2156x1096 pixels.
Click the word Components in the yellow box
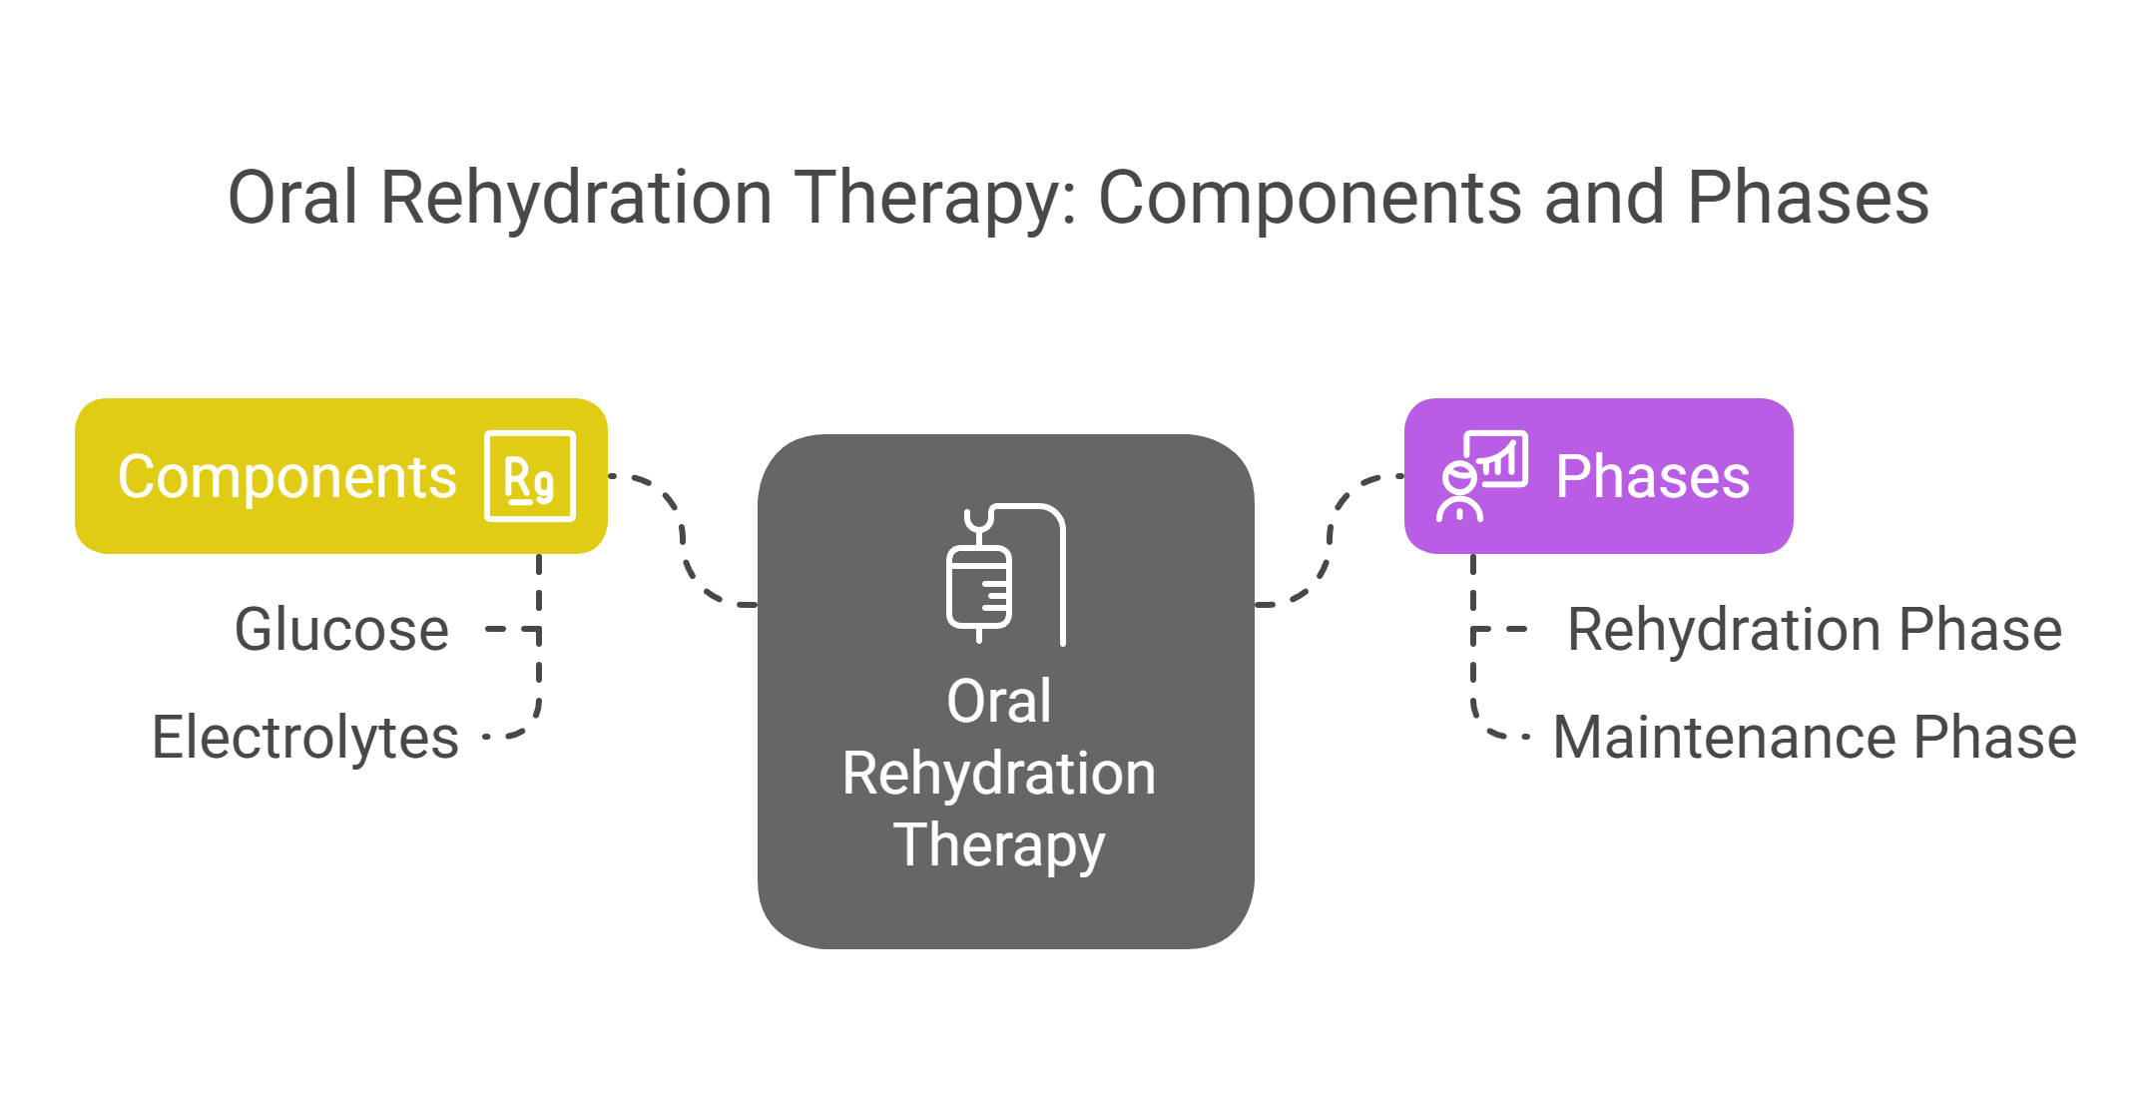pos(286,477)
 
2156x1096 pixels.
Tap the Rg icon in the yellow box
pos(529,476)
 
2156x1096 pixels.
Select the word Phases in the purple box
pos(1652,476)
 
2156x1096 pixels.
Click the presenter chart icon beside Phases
pos(1482,476)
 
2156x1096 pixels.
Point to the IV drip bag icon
pos(1004,574)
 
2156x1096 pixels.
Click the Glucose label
pos(341,630)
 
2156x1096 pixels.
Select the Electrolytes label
pos(304,738)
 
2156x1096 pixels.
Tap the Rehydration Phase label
pos(1814,630)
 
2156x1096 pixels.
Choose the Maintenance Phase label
pos(1814,738)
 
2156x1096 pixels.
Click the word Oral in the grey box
pos(998,701)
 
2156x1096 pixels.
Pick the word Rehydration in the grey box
pos(998,774)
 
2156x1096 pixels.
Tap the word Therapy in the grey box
pos(998,845)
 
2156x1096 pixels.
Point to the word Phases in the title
pos(1808,198)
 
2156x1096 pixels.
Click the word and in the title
pos(1604,198)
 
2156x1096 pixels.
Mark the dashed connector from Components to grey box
pos(684,539)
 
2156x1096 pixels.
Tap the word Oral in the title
pos(292,198)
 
